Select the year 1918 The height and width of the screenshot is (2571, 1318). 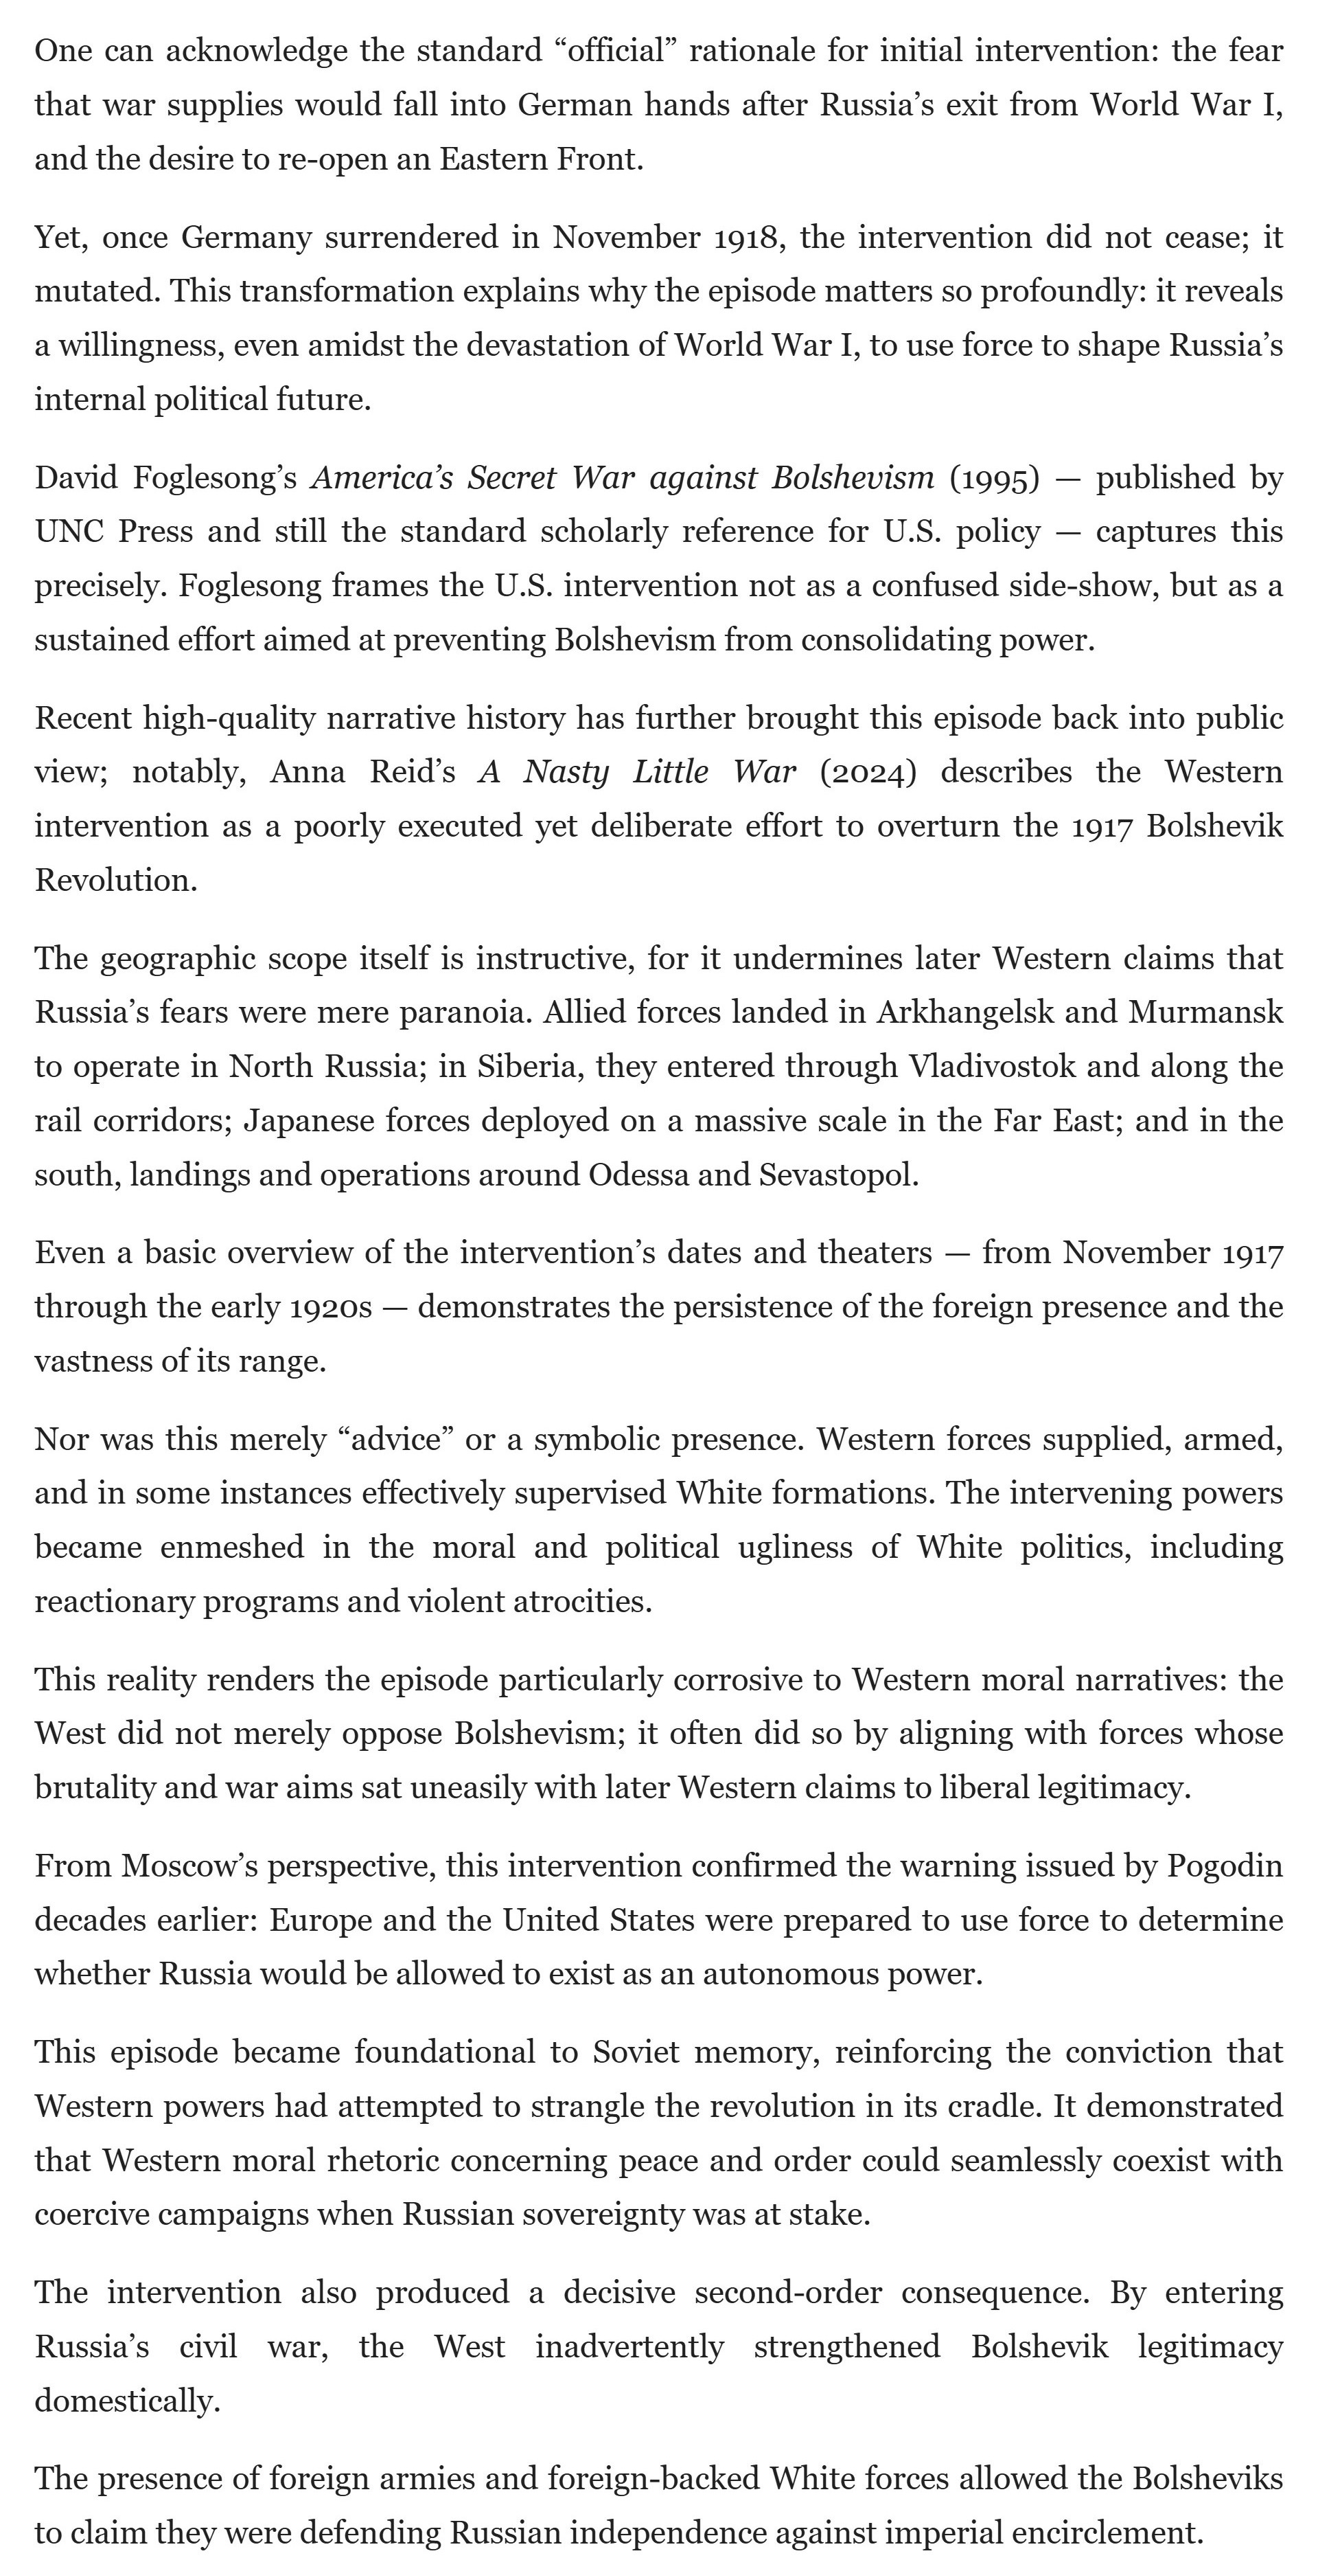[x=746, y=238]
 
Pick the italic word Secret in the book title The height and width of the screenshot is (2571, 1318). [x=512, y=478]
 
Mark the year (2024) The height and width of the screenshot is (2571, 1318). [x=868, y=773]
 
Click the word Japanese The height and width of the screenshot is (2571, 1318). [x=310, y=1121]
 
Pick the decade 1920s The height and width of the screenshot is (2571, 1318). [x=330, y=1307]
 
